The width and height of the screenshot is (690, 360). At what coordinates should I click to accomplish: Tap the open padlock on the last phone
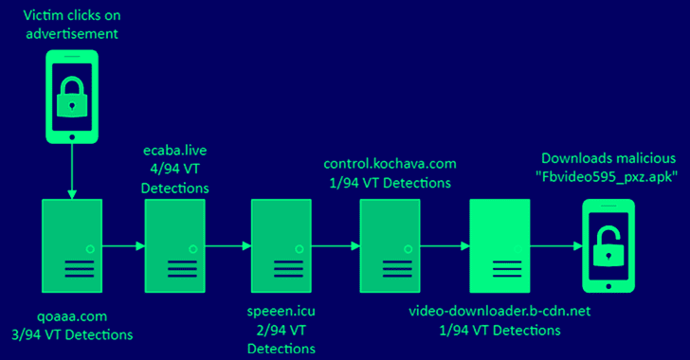(x=608, y=247)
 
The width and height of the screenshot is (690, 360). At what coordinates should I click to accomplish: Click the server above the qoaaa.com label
(x=72, y=245)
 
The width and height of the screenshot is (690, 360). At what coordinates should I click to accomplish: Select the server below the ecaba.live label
(x=175, y=245)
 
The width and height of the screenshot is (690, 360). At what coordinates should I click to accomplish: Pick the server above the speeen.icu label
(x=281, y=245)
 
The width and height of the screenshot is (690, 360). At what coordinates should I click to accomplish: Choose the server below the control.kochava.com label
(x=390, y=245)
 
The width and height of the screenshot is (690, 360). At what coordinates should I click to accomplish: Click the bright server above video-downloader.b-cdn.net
(x=499, y=245)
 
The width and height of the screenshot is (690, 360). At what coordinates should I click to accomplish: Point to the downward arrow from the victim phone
(x=72, y=171)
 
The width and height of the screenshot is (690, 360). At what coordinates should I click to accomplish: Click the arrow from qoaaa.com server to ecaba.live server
(x=123, y=246)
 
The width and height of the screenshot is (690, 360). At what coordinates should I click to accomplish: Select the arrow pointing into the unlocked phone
(x=556, y=246)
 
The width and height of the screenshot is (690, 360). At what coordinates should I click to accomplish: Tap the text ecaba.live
(x=175, y=151)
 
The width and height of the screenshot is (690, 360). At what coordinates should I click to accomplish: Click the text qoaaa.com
(x=72, y=316)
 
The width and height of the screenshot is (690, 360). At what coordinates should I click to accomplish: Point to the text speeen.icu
(x=281, y=312)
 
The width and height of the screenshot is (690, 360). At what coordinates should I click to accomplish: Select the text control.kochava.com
(x=390, y=164)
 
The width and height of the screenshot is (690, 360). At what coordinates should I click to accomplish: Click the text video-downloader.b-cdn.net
(x=499, y=311)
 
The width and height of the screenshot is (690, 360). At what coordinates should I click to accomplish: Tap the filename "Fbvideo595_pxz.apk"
(x=607, y=177)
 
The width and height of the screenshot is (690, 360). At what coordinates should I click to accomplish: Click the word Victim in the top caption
(x=41, y=15)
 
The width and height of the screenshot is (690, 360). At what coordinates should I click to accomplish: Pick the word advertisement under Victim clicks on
(x=72, y=34)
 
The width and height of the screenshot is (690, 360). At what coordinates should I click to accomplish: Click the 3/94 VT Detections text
(x=72, y=335)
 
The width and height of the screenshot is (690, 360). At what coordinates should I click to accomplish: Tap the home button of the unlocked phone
(x=608, y=286)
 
